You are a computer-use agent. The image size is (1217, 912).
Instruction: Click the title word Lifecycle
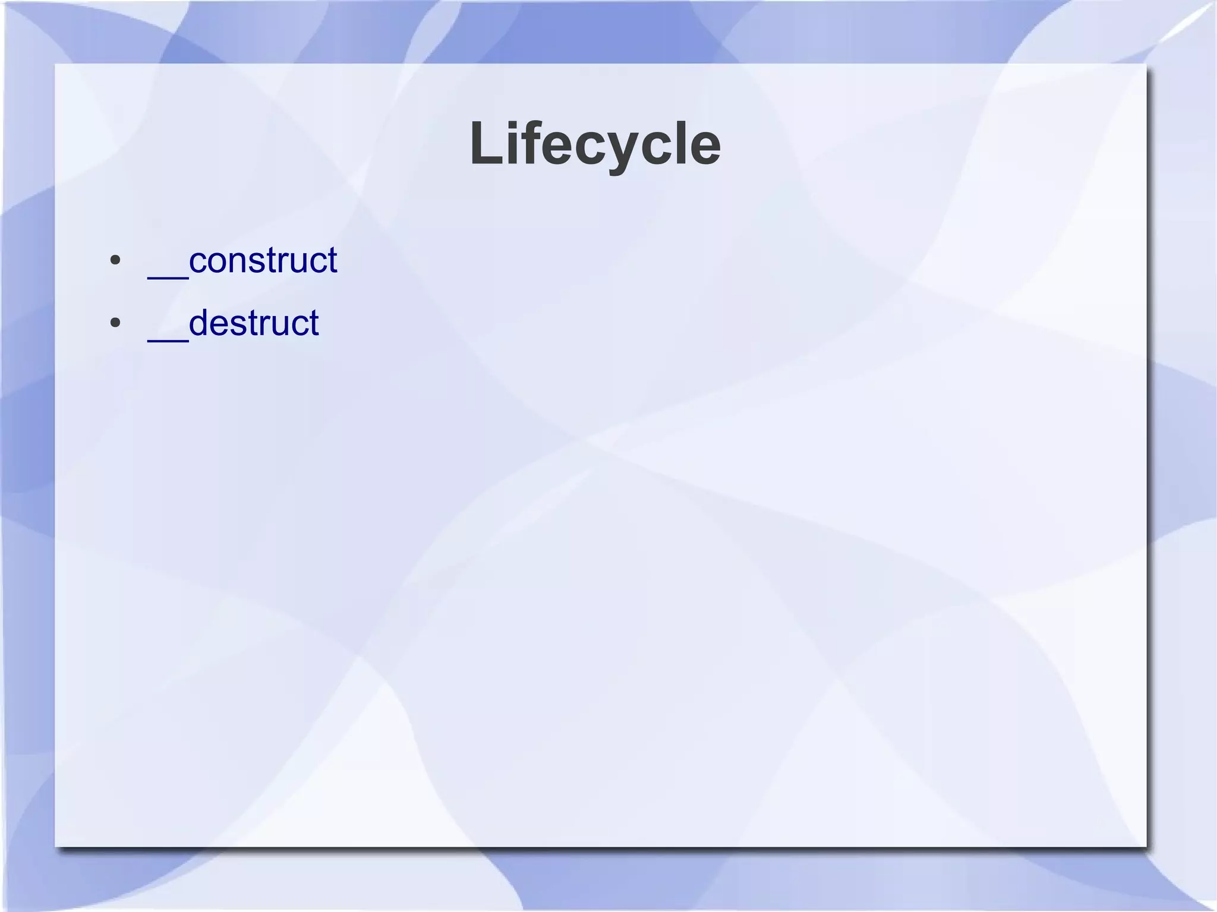click(x=595, y=144)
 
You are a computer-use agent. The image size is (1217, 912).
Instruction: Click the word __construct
click(x=242, y=260)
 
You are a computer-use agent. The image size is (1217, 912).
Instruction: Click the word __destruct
click(x=233, y=323)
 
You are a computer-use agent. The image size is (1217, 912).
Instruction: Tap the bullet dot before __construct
click(x=115, y=260)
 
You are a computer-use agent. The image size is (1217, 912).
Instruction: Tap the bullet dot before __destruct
click(x=115, y=323)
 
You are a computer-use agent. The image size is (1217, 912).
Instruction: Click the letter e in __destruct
click(x=219, y=325)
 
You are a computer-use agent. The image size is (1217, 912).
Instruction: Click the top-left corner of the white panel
click(x=56, y=64)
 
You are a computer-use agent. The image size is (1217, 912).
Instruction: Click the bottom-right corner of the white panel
click(x=1146, y=846)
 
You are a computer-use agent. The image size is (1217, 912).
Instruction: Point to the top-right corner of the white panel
click(x=1146, y=64)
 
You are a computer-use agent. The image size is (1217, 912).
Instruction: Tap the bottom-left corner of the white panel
click(x=56, y=846)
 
